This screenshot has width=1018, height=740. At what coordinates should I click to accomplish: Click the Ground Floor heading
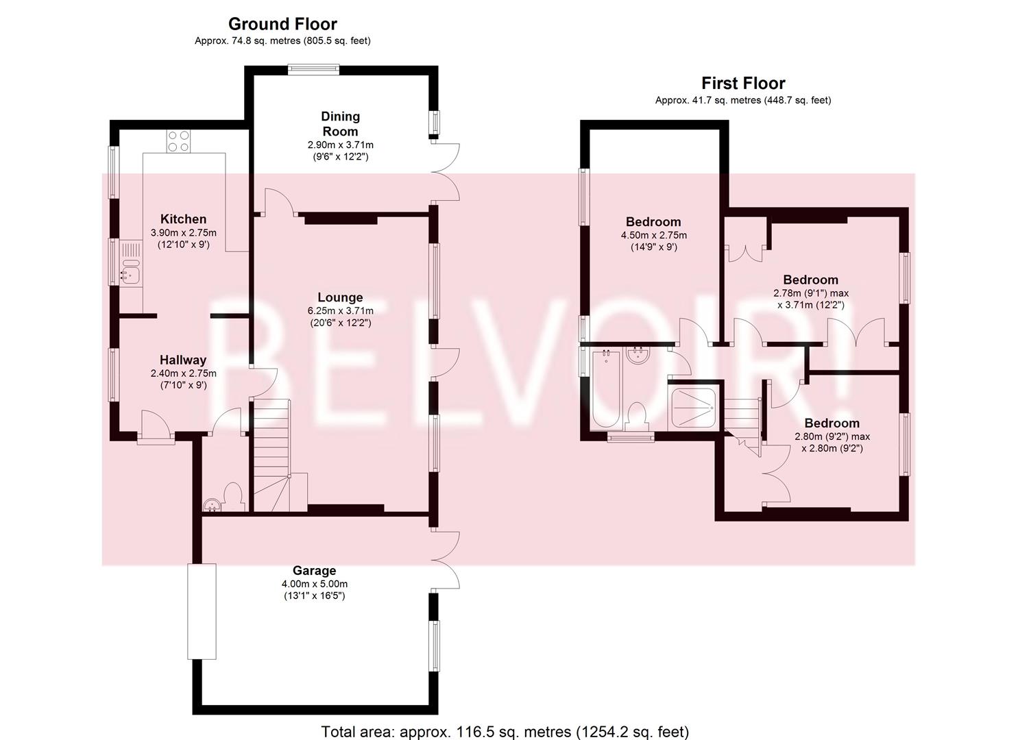click(282, 24)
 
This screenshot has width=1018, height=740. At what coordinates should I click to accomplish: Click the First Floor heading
click(742, 84)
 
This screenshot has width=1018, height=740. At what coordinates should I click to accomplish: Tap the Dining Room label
click(340, 124)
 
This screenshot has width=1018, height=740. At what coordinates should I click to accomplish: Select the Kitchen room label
click(183, 219)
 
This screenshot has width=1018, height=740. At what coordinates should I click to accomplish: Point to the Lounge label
click(340, 297)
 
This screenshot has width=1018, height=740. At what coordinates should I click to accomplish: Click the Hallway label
click(183, 360)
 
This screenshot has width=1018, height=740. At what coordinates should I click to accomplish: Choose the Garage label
click(314, 570)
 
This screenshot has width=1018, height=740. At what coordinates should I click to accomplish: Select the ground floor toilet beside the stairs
click(234, 496)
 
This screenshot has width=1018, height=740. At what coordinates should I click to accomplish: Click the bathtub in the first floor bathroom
click(605, 389)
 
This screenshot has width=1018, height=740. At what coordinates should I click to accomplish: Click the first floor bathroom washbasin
click(638, 355)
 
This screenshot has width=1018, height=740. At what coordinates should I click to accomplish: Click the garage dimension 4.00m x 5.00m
click(314, 584)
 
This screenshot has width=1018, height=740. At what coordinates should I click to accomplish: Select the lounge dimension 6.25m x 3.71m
click(340, 311)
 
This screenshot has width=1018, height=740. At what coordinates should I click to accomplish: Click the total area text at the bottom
click(505, 731)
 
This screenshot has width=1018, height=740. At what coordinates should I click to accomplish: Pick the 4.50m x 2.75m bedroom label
click(653, 222)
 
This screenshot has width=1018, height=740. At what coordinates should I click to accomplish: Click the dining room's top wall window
click(313, 69)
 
